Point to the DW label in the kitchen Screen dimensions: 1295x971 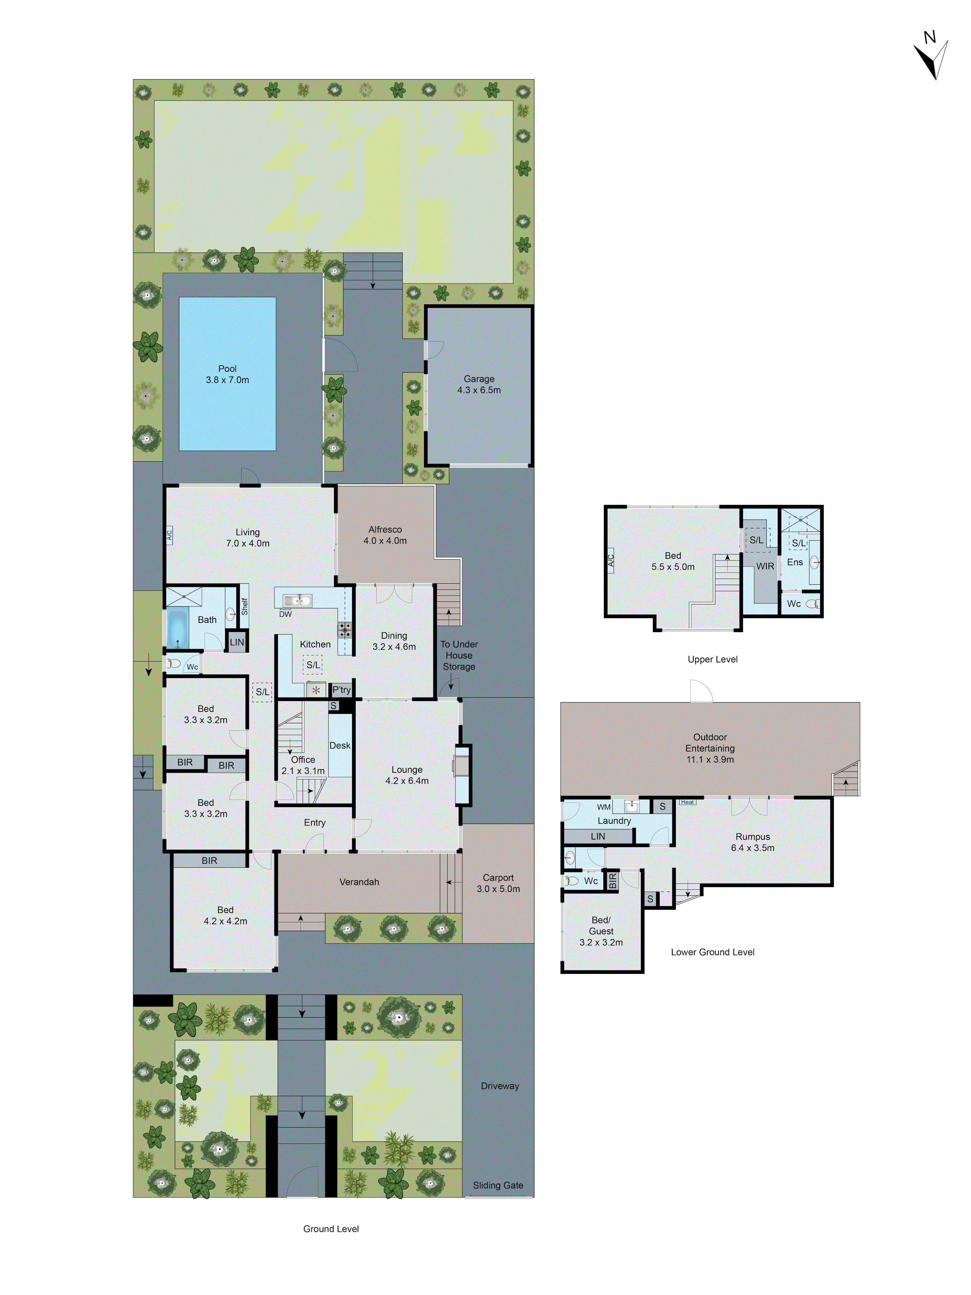click(x=285, y=614)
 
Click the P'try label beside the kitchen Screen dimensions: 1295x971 click(x=341, y=690)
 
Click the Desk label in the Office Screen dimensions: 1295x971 click(x=340, y=745)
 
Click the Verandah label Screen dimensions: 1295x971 click(x=359, y=882)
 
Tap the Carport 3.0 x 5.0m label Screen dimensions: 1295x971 click(x=498, y=883)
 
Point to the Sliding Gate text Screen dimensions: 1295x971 click(x=498, y=1185)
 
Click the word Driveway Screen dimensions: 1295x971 click(x=500, y=1086)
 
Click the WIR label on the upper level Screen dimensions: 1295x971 click(x=765, y=566)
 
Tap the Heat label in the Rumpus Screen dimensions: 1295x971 click(x=687, y=802)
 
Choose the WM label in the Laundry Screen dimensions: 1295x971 click(x=603, y=807)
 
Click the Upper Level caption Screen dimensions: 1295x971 click(x=712, y=659)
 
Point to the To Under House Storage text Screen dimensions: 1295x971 click(x=459, y=655)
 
